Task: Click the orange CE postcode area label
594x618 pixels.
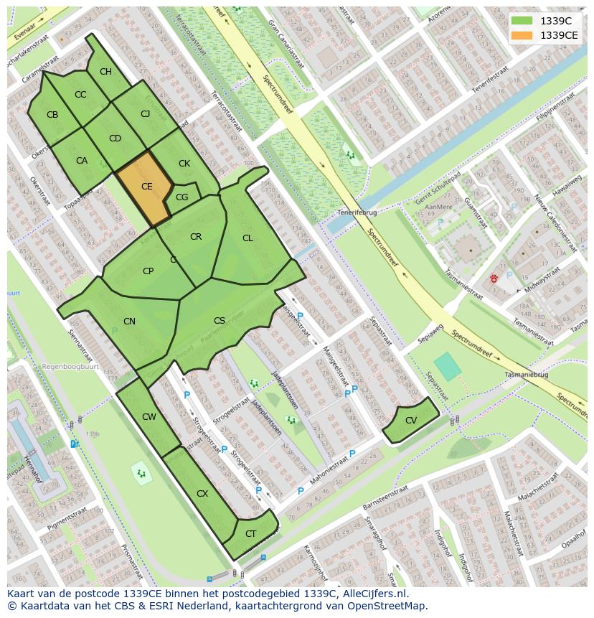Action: point(146,187)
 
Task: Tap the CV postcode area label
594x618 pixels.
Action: point(411,421)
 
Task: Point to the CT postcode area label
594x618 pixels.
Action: point(250,533)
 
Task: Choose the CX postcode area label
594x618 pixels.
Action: point(202,494)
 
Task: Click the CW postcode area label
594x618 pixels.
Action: point(148,417)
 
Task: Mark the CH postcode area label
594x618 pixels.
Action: point(105,72)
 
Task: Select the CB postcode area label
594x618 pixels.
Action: point(52,115)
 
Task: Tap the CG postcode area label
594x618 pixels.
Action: point(181,197)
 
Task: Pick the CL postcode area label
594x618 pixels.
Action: point(247,238)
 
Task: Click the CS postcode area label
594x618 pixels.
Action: point(220,321)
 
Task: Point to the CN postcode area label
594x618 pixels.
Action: point(129,322)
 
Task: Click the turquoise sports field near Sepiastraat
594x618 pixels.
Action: point(448,366)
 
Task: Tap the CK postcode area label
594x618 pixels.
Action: point(184,164)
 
